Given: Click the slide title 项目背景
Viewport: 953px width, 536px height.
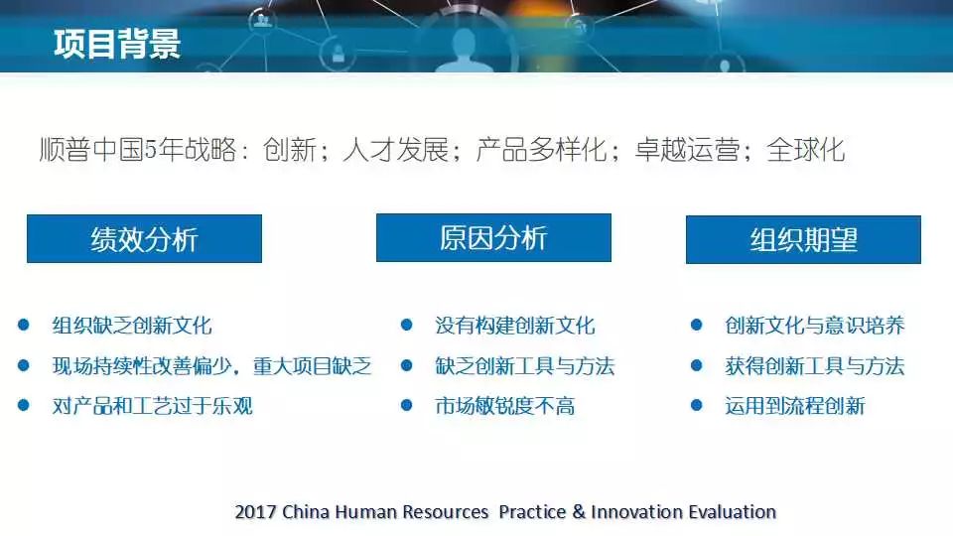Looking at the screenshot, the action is click(x=117, y=44).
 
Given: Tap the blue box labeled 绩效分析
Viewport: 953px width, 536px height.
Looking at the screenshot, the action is click(x=144, y=239).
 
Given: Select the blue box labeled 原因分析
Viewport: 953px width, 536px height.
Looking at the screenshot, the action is click(x=493, y=237).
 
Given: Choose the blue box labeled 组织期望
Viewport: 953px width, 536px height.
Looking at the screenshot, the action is click(x=803, y=239).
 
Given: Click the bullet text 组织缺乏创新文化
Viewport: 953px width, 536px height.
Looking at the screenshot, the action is click(x=132, y=326).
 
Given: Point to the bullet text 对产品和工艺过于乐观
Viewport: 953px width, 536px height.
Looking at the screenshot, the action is click(x=152, y=405).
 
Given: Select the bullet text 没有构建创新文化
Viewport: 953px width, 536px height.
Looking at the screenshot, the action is click(x=515, y=326).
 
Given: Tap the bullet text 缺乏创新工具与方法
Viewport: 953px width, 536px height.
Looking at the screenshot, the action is click(x=524, y=366).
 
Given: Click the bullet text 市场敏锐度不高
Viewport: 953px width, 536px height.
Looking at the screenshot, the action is click(x=504, y=405).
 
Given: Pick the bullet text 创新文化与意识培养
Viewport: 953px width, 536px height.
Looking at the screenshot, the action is click(x=814, y=326).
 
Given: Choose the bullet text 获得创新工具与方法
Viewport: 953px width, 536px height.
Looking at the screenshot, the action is click(x=814, y=366).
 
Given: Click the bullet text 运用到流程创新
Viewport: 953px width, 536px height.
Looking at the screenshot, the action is click(x=794, y=405).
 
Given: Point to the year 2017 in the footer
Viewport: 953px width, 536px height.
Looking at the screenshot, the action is click(x=255, y=512).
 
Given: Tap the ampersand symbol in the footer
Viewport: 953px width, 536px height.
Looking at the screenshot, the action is click(x=579, y=512).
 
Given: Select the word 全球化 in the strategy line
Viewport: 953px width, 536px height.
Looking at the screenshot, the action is click(x=805, y=150).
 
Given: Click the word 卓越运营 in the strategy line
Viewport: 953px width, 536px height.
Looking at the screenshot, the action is click(x=687, y=150).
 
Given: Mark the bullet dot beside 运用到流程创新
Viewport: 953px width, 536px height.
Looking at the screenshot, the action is click(x=697, y=405).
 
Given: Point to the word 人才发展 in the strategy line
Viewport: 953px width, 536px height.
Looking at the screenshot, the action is click(x=396, y=150).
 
